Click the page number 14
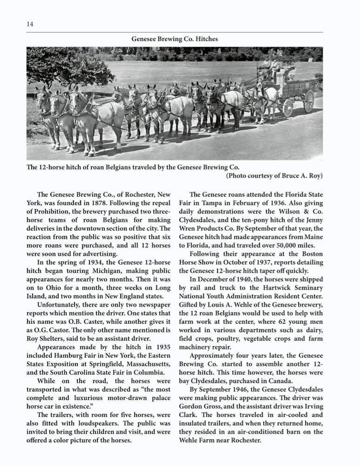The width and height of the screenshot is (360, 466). pyautogui.click(x=29, y=24)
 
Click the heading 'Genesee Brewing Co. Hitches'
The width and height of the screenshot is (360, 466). pyautogui.click(x=175, y=39)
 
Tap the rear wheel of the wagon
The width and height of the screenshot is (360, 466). pyautogui.click(x=309, y=101)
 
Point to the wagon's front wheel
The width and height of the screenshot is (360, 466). pyautogui.click(x=288, y=108)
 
